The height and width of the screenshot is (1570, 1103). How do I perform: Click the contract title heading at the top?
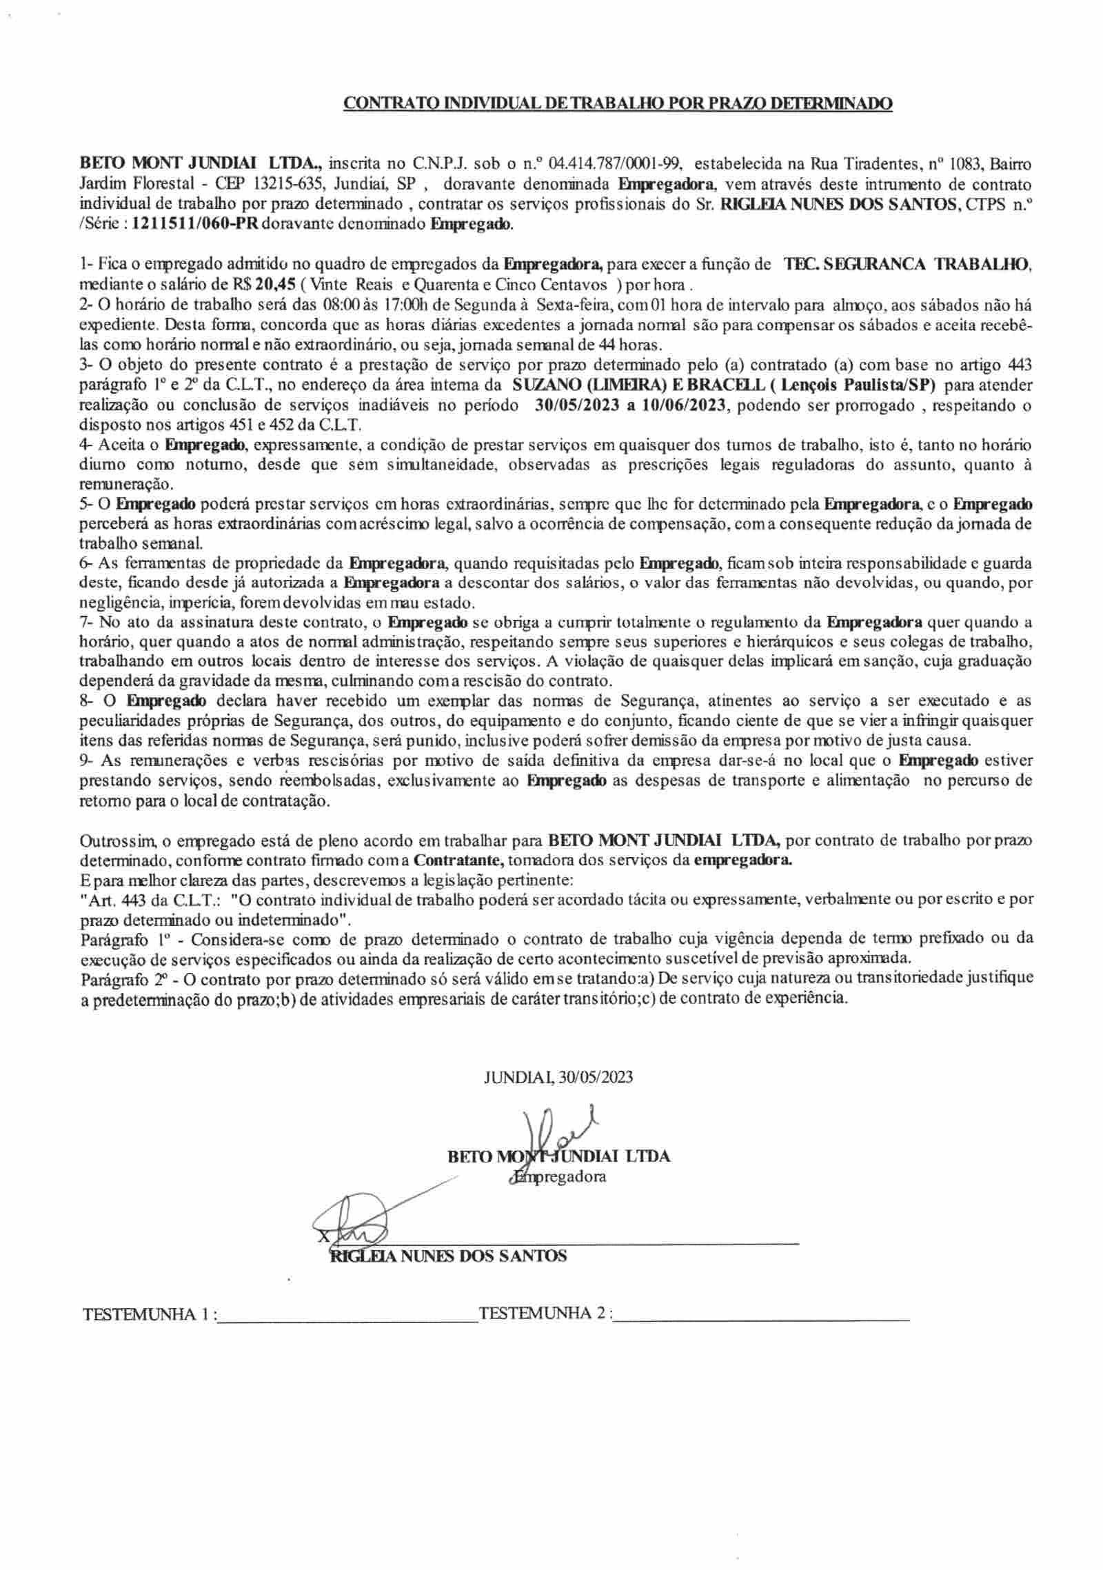(x=618, y=104)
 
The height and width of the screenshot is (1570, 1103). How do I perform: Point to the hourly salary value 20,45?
(x=273, y=284)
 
